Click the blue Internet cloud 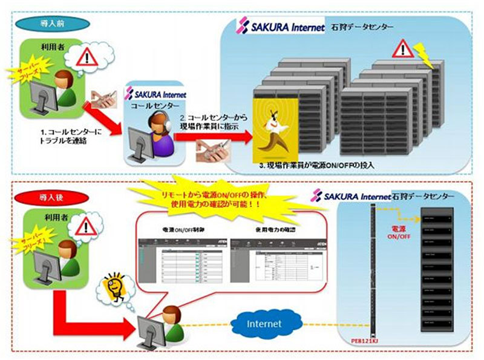click(x=264, y=324)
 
